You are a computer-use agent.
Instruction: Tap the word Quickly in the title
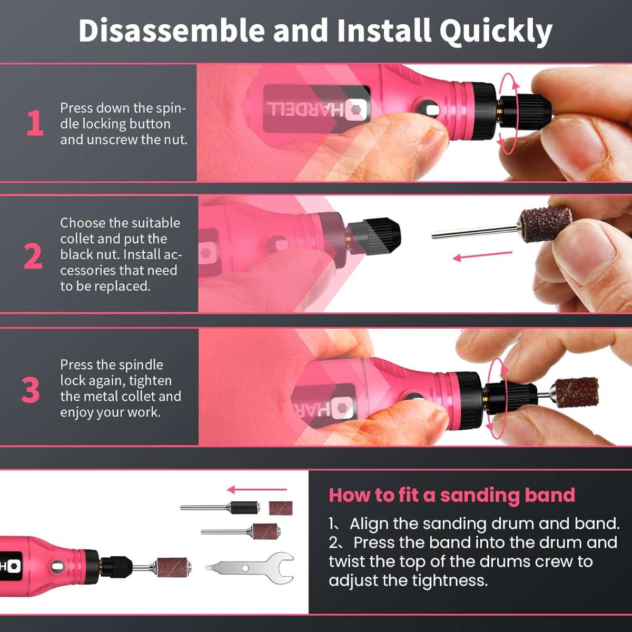click(496, 32)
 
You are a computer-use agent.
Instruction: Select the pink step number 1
click(35, 123)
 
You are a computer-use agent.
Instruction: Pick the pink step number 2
click(33, 256)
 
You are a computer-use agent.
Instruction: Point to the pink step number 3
click(31, 390)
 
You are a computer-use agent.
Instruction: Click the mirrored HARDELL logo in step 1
click(317, 109)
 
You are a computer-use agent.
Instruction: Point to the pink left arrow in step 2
click(482, 256)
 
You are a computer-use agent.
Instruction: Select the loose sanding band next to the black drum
click(280, 508)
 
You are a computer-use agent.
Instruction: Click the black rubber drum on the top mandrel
click(245, 508)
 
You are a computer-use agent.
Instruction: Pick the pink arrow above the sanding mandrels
click(257, 490)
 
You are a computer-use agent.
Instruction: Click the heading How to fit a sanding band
click(452, 495)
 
